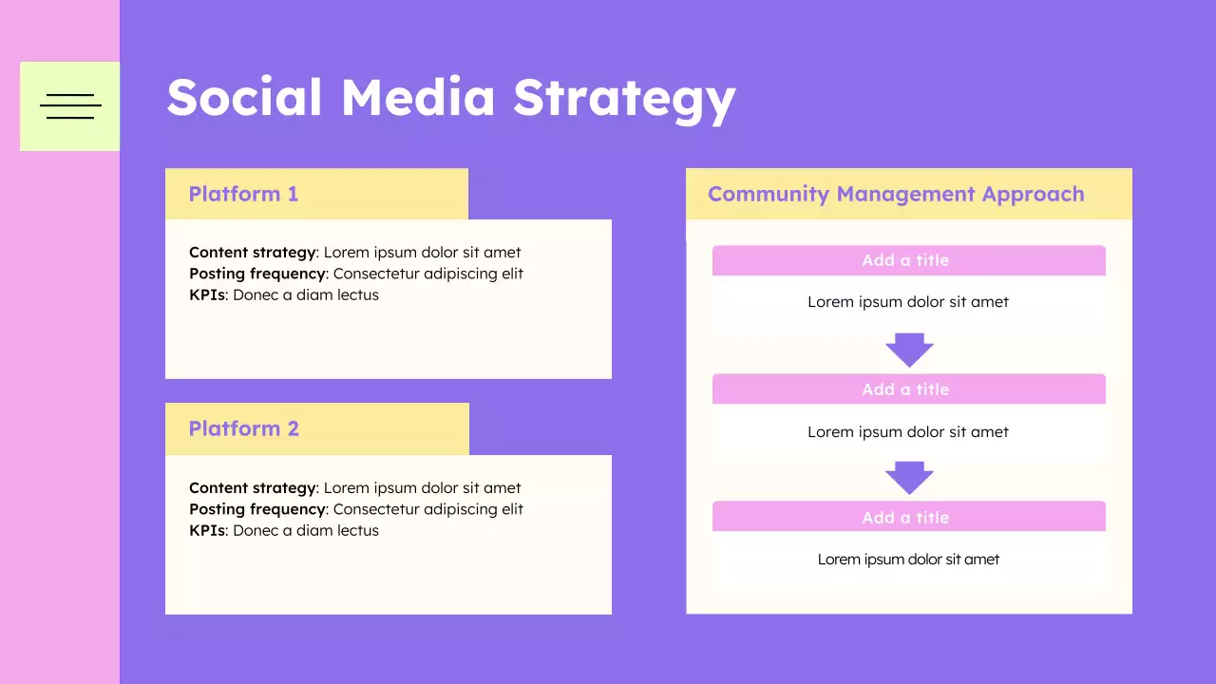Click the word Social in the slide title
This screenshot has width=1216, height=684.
coord(244,98)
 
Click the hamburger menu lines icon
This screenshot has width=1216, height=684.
coord(70,106)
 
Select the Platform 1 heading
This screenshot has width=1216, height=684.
coord(243,195)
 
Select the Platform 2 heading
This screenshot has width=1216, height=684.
coord(243,429)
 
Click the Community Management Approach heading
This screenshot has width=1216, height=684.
coord(896,195)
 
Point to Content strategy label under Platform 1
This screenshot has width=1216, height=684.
coord(252,253)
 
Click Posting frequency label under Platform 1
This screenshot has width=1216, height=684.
coord(257,274)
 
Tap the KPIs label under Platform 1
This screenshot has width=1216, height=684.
coord(207,295)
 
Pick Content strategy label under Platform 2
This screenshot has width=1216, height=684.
coord(252,488)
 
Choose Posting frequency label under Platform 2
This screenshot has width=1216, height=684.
coord(257,509)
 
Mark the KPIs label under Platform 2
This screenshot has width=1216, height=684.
coord(207,531)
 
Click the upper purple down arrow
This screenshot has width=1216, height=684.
coord(909,350)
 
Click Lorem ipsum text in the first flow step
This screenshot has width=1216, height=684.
coord(908,302)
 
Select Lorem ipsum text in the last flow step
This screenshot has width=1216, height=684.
coord(908,560)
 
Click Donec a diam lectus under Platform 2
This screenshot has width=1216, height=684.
coord(306,531)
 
